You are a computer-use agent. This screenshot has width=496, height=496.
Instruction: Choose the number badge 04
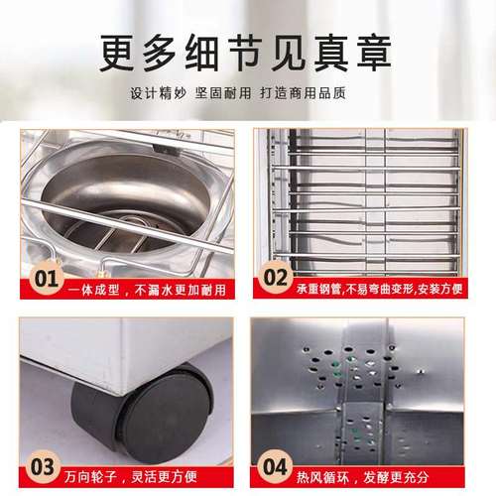point(279,464)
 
